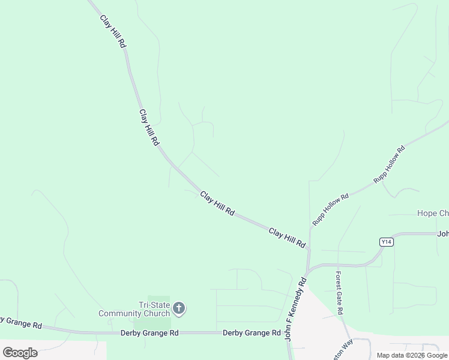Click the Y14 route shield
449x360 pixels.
[386, 242]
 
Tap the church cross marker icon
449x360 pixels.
[178, 309]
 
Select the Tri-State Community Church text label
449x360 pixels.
[134, 309]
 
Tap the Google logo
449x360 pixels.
[20, 352]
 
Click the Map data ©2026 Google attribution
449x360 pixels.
[412, 355]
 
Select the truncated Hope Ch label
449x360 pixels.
[433, 214]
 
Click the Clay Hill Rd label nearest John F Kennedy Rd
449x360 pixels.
[287, 238]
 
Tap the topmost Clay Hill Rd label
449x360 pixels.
[113, 29]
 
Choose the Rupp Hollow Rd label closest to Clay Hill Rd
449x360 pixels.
[330, 209]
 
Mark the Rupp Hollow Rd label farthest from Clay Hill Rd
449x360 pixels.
[390, 163]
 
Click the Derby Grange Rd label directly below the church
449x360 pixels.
[149, 332]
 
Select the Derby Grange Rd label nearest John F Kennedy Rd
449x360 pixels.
[252, 332]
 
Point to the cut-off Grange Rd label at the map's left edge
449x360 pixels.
[21, 323]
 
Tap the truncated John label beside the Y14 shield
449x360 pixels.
[443, 234]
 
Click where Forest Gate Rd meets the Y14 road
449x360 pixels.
[338, 265]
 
